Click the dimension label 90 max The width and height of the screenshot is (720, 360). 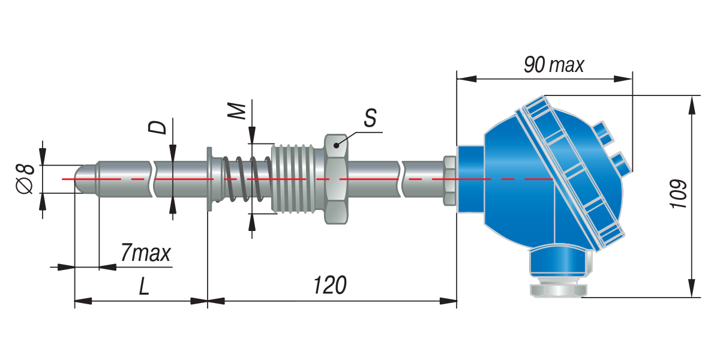pos(554,65)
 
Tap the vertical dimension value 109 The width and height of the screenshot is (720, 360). pos(679,194)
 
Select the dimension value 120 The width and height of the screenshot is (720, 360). pos(330,285)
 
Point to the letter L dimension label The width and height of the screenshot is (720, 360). pos(144,286)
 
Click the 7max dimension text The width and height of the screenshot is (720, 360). pos(146,253)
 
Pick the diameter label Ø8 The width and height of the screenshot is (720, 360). pos(25,179)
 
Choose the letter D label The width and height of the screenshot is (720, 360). pos(157,127)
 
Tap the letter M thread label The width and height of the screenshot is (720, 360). pos(236,111)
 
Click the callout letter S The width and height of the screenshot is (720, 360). pos(370,118)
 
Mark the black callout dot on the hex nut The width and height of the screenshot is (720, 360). pos(336,146)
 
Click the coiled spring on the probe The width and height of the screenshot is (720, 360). pos(247,179)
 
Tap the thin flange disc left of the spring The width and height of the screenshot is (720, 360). pos(209,179)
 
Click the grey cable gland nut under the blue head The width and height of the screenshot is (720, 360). pos(559,289)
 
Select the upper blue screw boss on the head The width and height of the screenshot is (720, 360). pos(603,133)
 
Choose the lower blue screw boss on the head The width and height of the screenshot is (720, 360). pos(621,164)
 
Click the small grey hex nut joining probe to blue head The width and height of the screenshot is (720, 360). pos(449,181)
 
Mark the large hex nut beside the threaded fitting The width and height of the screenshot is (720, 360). pos(336,179)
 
